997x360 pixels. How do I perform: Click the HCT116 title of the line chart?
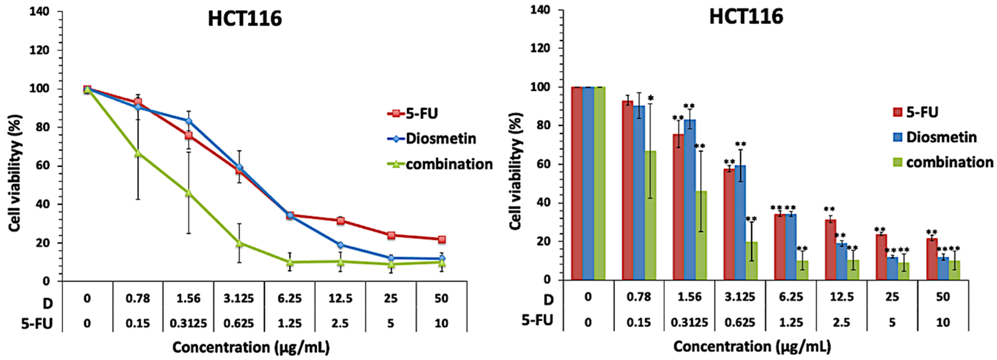245,19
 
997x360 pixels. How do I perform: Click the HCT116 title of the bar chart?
746,17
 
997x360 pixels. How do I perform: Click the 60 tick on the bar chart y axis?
542,164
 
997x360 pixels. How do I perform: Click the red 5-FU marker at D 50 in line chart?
442,240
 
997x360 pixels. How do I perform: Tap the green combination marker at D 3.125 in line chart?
239,243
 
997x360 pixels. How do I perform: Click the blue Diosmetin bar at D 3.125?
740,223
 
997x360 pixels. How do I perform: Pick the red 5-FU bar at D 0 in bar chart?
577,183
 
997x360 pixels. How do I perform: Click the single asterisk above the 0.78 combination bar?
651,98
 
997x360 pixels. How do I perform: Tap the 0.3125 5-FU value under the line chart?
189,323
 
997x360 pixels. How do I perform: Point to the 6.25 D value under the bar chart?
791,297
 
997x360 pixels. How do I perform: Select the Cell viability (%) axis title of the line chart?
15,173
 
